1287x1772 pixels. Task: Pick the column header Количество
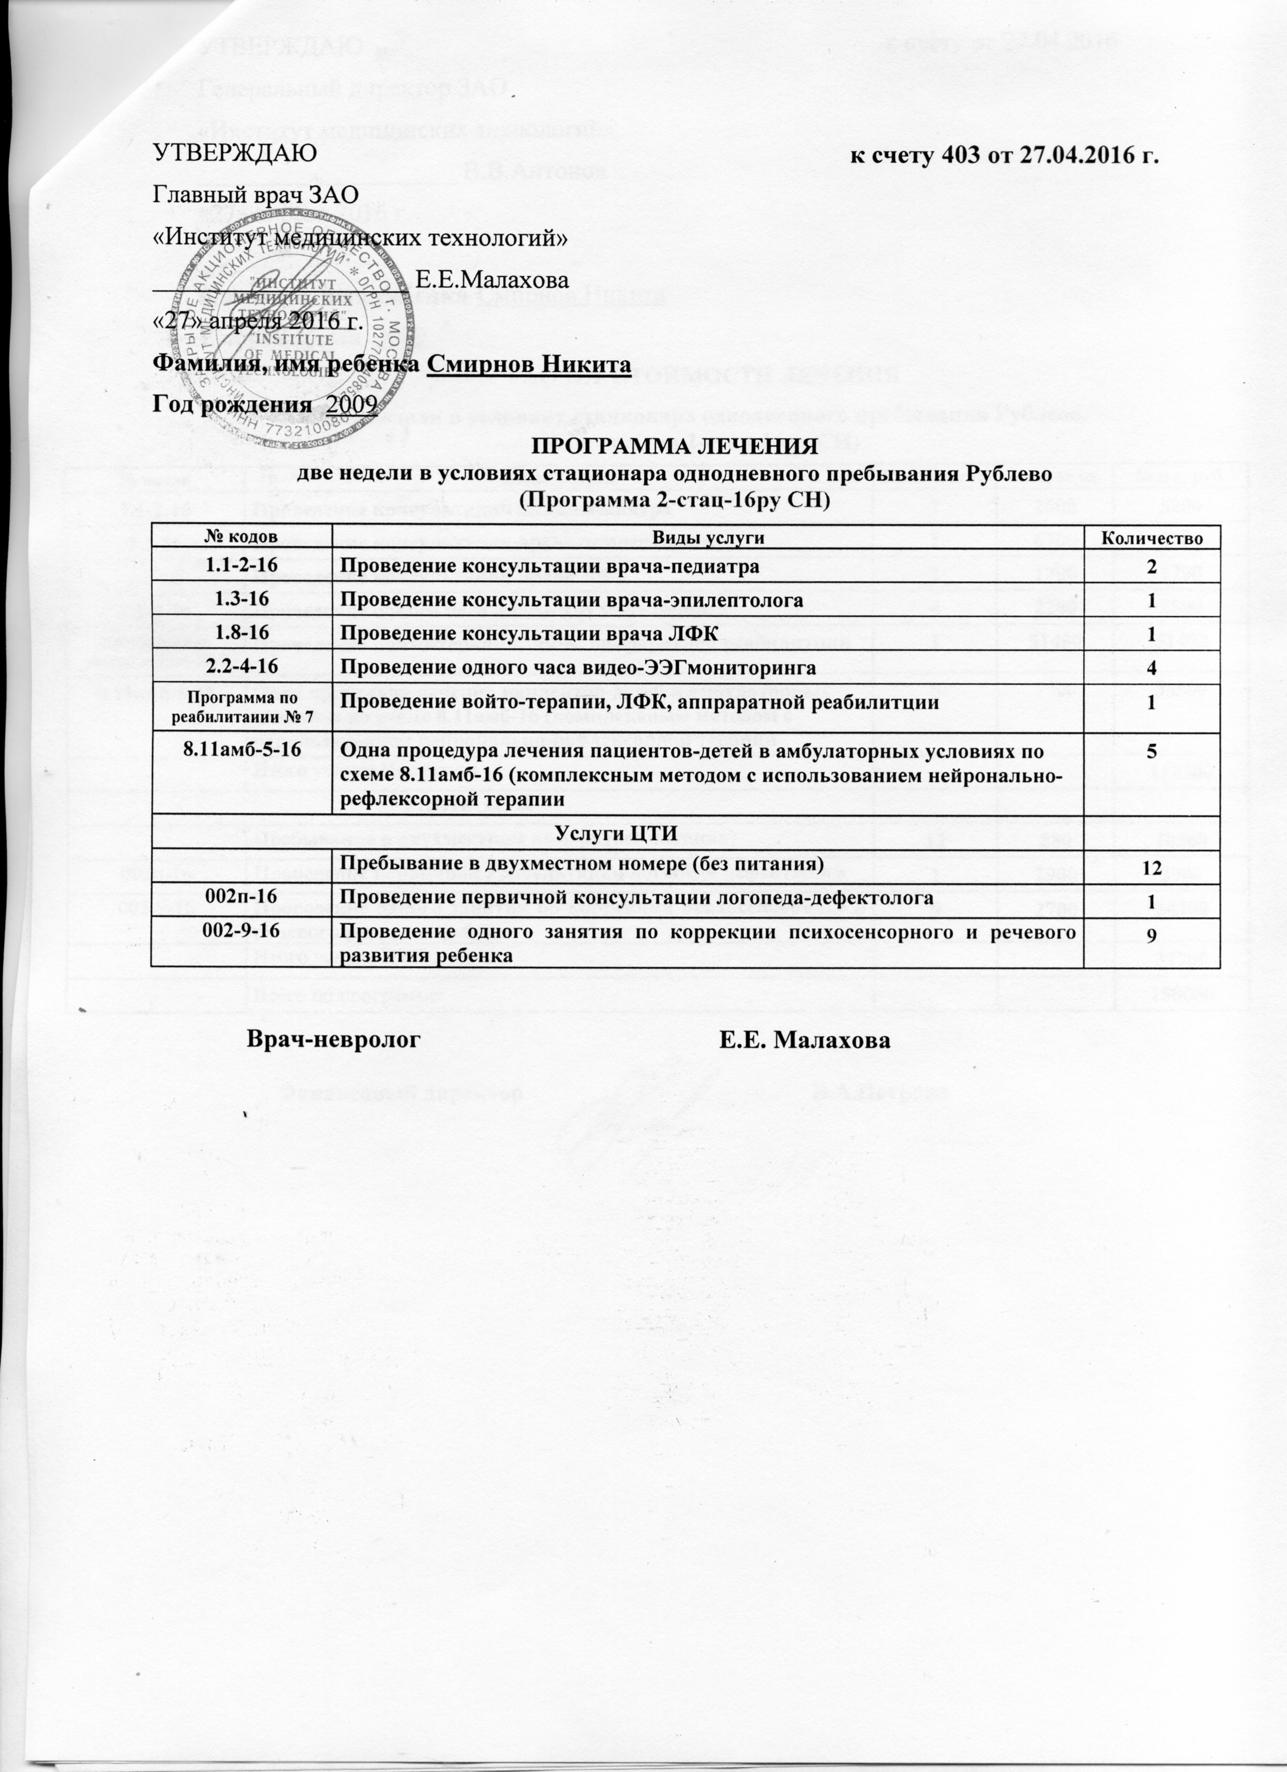click(x=1152, y=538)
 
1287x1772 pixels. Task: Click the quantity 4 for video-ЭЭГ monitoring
click(x=1152, y=668)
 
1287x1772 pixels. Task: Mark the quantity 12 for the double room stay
click(x=1152, y=867)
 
